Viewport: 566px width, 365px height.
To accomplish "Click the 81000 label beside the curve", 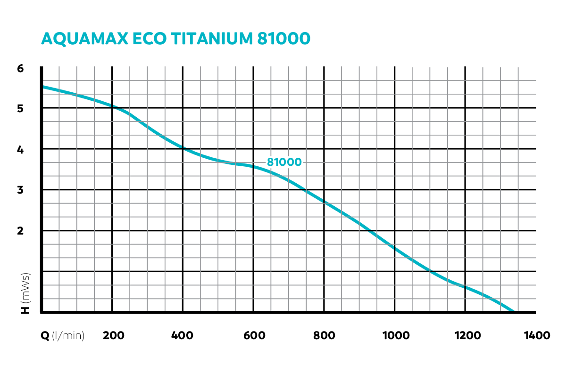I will (284, 162).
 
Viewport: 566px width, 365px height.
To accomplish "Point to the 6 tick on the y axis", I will (20, 68).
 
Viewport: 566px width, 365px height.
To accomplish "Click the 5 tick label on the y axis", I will (20, 108).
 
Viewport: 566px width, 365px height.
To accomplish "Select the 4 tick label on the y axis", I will (20, 149).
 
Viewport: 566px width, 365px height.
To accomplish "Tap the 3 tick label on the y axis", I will (20, 190).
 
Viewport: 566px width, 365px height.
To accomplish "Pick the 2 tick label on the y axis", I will (20, 231).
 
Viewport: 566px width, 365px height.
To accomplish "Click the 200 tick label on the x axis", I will (113, 335).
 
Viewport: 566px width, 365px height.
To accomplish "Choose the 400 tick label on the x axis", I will (183, 335).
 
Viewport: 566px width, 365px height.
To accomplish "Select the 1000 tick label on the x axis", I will (395, 335).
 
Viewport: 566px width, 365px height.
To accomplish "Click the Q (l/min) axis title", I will (63, 335).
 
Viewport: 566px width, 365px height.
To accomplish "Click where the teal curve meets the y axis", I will (42, 87).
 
